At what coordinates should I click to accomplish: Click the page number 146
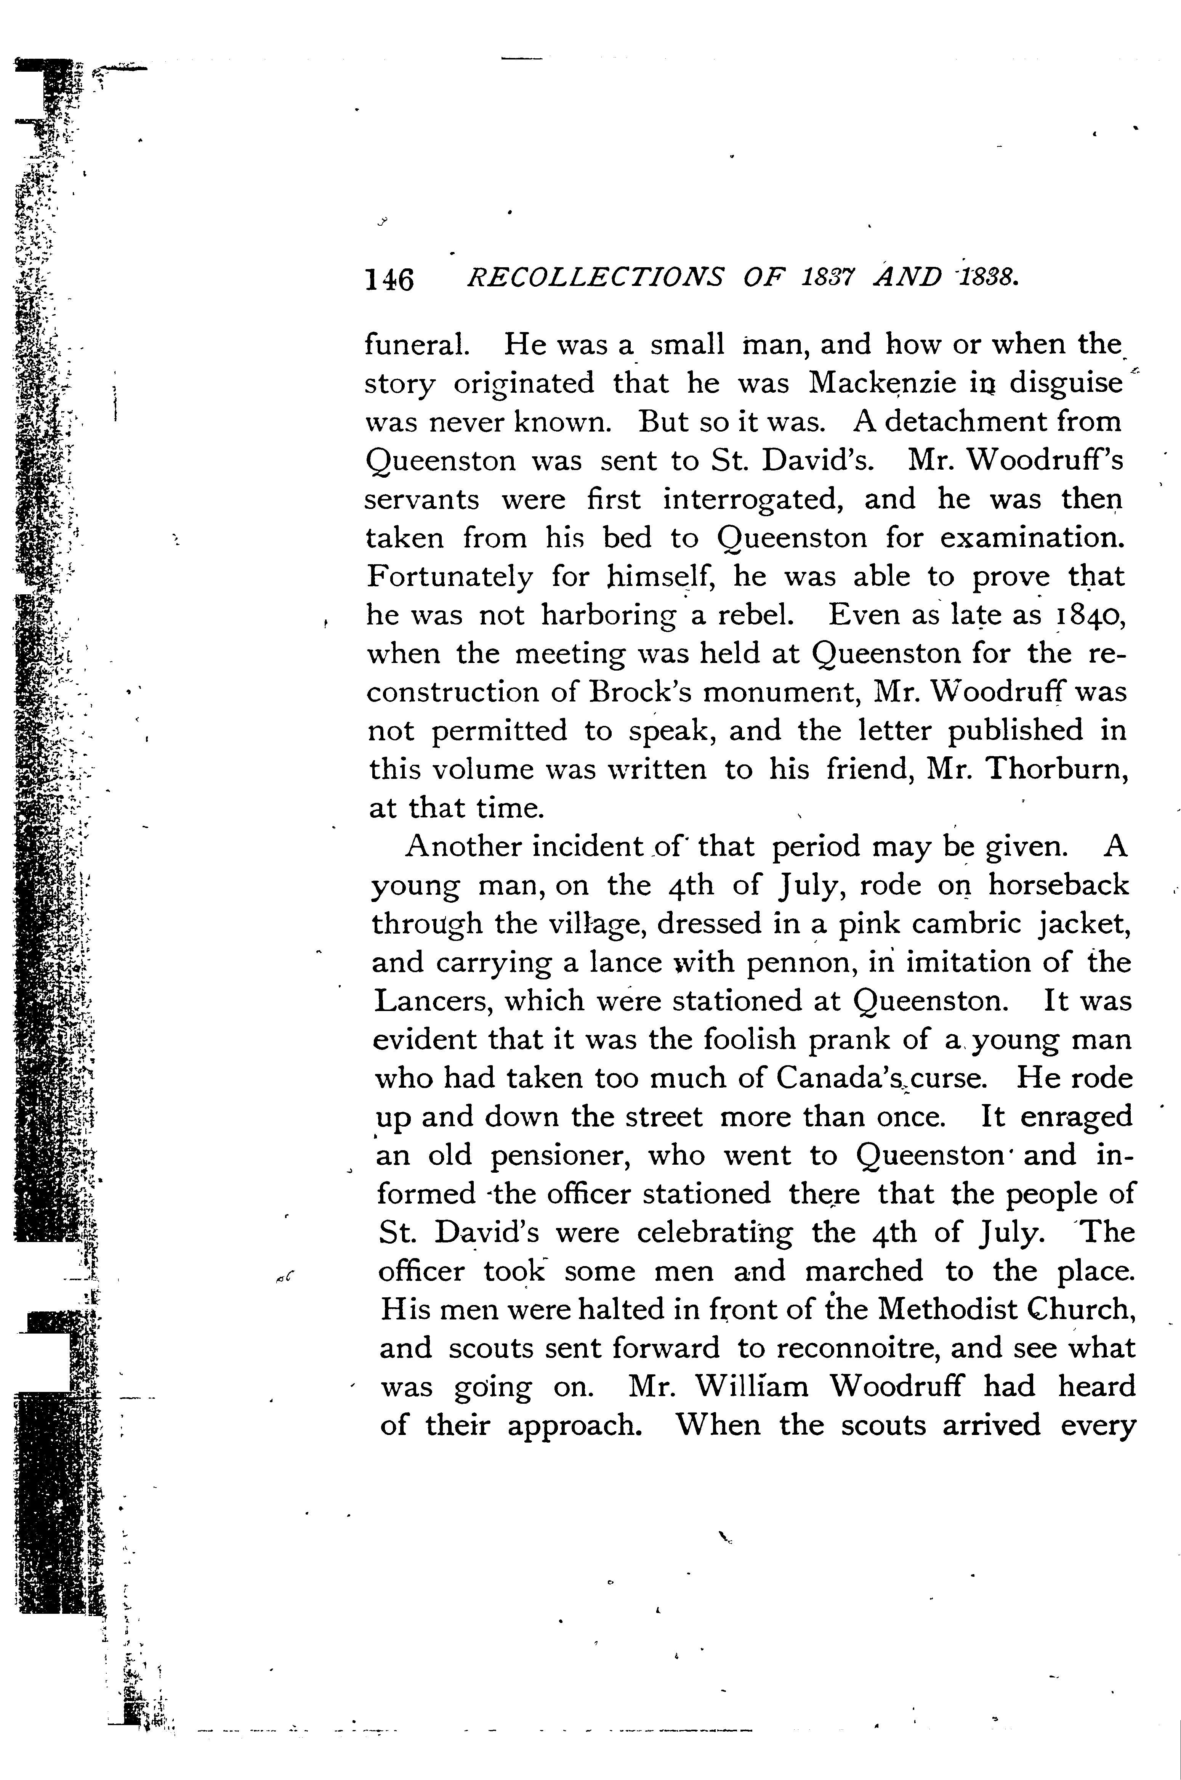click(x=389, y=280)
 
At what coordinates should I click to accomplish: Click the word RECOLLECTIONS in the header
click(x=595, y=279)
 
